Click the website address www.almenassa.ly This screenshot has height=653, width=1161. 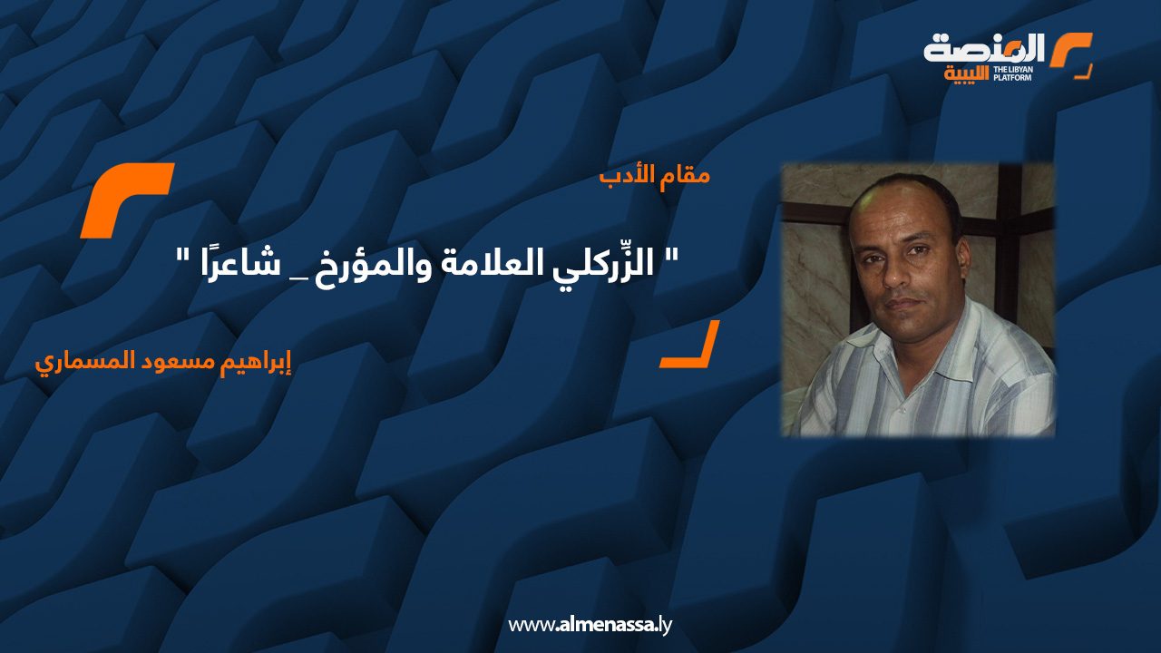click(590, 625)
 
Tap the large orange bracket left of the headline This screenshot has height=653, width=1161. click(126, 200)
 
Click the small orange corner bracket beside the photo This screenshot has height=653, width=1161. click(689, 346)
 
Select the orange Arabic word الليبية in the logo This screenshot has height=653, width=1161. click(967, 73)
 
